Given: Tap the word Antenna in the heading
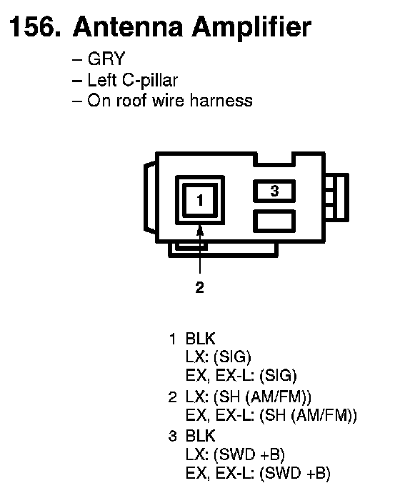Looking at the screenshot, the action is (x=128, y=26).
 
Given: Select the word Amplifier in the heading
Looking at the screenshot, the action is (x=251, y=28).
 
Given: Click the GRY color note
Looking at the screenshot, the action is (x=106, y=59).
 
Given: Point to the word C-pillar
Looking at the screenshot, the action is (x=150, y=81).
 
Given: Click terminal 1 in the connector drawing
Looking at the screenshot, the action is (x=200, y=200).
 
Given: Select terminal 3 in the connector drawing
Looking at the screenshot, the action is (x=274, y=191).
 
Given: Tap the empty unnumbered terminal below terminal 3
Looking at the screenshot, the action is (x=274, y=221).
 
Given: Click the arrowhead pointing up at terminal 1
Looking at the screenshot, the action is (x=200, y=231).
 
